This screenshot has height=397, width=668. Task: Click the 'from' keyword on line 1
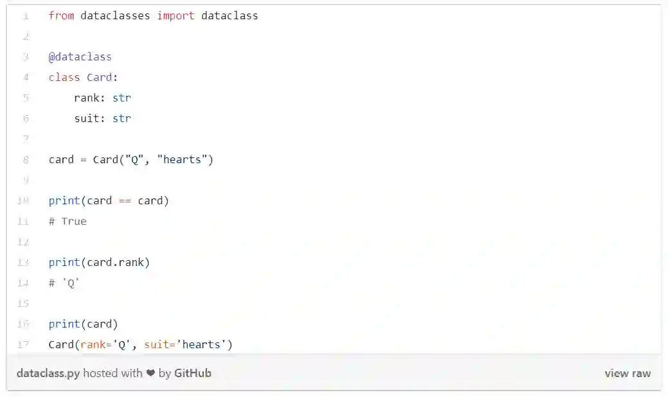click(x=61, y=15)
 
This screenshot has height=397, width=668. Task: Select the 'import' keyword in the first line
click(x=176, y=15)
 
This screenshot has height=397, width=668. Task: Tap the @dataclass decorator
click(x=80, y=57)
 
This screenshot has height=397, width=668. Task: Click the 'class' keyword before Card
click(x=64, y=77)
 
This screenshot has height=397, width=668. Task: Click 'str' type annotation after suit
click(x=122, y=118)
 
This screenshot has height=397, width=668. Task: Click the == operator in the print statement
click(x=125, y=200)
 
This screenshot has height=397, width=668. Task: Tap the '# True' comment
click(x=68, y=221)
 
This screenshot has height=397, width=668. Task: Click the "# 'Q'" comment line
click(x=64, y=283)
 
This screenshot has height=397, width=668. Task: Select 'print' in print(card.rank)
click(x=64, y=262)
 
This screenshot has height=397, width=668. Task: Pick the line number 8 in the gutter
click(x=25, y=159)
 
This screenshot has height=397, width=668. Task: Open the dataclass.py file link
click(x=48, y=373)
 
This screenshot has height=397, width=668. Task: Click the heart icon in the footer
click(x=150, y=373)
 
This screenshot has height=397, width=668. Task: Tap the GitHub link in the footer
click(x=192, y=373)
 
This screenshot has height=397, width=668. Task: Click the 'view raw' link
click(x=627, y=373)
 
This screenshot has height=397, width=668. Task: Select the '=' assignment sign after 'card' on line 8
click(x=84, y=159)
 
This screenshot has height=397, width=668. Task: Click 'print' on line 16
click(x=64, y=324)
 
